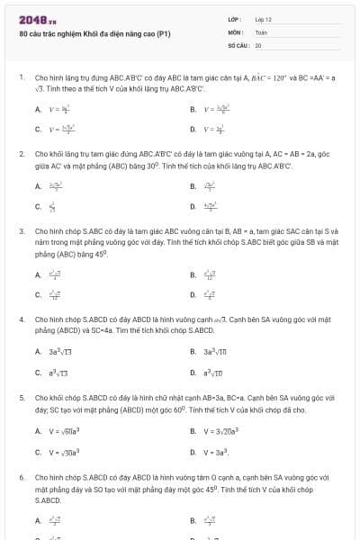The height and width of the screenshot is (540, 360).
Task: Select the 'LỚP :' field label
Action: [x=235, y=18]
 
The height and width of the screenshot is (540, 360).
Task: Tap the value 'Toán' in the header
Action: [x=261, y=31]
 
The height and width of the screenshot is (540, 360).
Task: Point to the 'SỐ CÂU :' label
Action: [x=238, y=44]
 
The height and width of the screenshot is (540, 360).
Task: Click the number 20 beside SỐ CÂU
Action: [x=258, y=44]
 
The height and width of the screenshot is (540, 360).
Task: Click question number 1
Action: [x=21, y=77]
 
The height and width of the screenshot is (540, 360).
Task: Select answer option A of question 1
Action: [x=53, y=109]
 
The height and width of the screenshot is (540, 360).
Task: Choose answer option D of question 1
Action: [x=206, y=129]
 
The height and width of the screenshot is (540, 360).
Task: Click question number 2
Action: [x=21, y=154]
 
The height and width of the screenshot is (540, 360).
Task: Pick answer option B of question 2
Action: [x=207, y=185]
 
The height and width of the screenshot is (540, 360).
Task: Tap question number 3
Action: [x=21, y=230]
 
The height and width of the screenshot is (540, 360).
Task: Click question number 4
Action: [x=21, y=319]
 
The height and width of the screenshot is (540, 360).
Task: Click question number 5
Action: [x=21, y=396]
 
